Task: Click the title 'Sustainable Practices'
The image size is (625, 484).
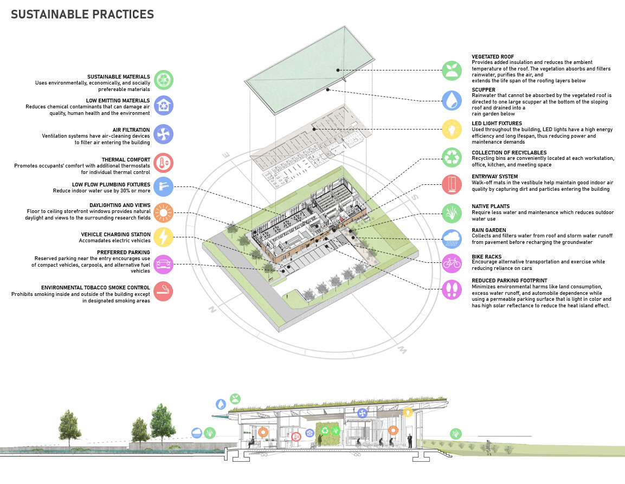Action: tap(82, 15)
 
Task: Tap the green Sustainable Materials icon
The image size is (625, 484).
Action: tap(163, 80)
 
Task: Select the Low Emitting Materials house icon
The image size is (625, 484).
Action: tap(163, 106)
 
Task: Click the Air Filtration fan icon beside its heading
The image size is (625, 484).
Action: tap(163, 133)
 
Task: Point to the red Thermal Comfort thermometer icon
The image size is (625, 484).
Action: tap(163, 162)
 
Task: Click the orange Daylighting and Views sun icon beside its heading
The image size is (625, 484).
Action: tap(163, 212)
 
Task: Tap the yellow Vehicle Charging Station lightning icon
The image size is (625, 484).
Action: tap(163, 237)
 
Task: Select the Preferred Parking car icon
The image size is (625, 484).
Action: tap(163, 264)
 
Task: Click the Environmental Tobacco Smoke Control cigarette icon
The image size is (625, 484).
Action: tap(163, 291)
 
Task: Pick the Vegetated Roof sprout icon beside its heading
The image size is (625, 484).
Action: tap(451, 70)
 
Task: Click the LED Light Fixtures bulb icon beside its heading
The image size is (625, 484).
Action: tap(451, 130)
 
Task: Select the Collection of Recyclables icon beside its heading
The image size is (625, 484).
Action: tap(451, 158)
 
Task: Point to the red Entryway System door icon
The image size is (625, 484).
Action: tap(451, 184)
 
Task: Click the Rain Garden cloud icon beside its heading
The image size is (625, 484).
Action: tap(451, 237)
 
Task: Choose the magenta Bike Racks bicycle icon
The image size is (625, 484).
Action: tap(451, 263)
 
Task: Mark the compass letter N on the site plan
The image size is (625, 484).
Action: tap(213, 311)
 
